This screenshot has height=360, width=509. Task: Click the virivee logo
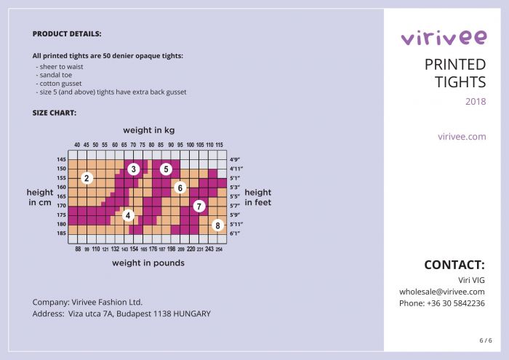pos(443,38)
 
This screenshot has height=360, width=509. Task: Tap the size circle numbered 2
pos(87,178)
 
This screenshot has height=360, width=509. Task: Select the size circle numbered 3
pos(134,169)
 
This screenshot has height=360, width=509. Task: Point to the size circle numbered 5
pos(166,169)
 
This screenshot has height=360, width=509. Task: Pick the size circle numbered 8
pos(217,225)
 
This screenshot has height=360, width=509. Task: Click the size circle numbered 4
pos(128,215)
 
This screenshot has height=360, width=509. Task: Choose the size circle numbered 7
pos(199,207)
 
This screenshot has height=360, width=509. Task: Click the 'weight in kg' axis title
pos(148,130)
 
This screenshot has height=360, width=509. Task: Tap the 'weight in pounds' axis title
pos(148,263)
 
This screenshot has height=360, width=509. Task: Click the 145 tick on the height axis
pos(61,159)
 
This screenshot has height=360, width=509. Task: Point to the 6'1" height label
pos(235,234)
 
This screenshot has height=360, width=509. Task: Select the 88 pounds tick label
pos(78,249)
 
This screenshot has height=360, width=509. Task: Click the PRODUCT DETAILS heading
pos(67,34)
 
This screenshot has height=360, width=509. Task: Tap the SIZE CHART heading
pos(55,113)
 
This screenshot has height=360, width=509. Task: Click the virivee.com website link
pos(462,136)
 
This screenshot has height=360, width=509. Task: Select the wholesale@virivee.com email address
pos(441,292)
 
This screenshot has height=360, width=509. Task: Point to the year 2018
pos(476,101)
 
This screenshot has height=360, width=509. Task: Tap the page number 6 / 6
pos(485,340)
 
